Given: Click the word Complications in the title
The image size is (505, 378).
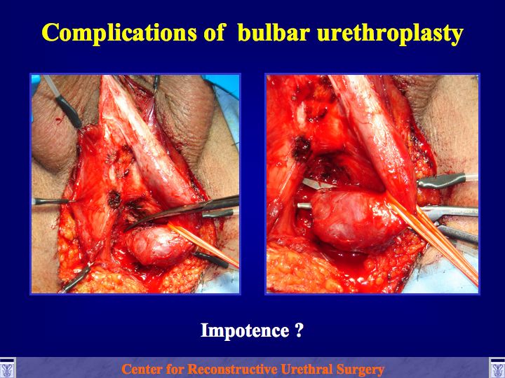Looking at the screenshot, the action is point(119,32).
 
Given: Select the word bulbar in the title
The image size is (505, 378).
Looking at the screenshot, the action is point(274,32).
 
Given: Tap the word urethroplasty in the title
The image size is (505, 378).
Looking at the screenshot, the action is point(391,34).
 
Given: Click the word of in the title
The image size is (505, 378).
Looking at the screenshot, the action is point(215,32).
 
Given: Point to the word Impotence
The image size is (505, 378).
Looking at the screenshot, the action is point(245,330).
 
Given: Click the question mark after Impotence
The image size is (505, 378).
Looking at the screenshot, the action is point(299,330).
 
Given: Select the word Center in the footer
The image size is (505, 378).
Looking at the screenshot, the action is point(142,370).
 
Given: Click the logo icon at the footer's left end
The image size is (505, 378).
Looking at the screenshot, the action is point(8,368).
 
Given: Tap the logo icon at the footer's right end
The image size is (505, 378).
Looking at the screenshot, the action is point(497,368).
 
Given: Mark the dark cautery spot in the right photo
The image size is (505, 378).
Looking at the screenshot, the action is point(302,148).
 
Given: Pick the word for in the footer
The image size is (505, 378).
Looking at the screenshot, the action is point(176,370).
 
